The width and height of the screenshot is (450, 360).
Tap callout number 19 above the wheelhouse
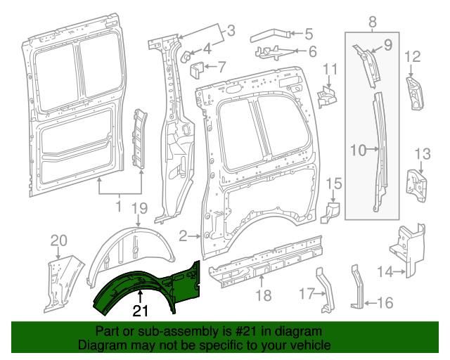(139, 207)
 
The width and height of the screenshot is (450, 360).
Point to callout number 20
(57, 241)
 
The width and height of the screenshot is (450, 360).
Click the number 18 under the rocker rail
(263, 296)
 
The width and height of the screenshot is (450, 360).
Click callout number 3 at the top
(230, 30)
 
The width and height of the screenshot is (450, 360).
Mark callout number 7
(221, 68)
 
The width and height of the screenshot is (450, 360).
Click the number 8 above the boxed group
(371, 25)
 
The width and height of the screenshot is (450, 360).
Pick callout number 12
(413, 57)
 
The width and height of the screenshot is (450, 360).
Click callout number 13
(421, 154)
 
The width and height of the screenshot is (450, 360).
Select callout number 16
(385, 303)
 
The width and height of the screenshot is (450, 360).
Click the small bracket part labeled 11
(326, 95)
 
